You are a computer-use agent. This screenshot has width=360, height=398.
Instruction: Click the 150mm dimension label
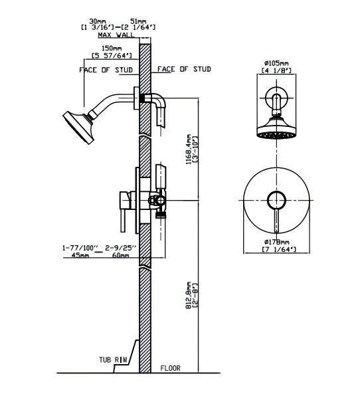pyautogui.click(x=112, y=48)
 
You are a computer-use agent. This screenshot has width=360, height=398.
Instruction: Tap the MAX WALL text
pyautogui.click(x=116, y=35)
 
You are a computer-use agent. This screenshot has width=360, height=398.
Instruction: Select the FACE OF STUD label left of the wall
pyautogui.click(x=106, y=70)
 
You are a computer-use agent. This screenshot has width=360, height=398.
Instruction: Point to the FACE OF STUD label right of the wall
pyautogui.click(x=184, y=69)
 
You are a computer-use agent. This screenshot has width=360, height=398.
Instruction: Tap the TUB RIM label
pyautogui.click(x=113, y=359)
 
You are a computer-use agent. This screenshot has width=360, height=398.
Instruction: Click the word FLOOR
pyautogui.click(x=171, y=368)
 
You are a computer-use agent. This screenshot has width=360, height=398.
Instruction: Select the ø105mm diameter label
pyautogui.click(x=276, y=63)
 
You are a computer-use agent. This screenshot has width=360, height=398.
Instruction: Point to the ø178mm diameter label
pyautogui.click(x=276, y=242)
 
